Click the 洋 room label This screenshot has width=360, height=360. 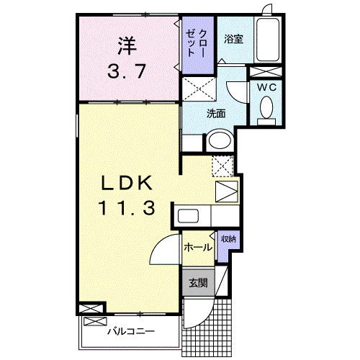point(127,45)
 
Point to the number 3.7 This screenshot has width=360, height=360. point(127,71)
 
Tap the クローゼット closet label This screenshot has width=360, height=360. point(196,44)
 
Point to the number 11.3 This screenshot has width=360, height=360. point(127,209)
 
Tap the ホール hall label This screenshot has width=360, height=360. point(198,247)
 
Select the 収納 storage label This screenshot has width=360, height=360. point(228,238)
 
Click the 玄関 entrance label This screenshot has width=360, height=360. point(198,283)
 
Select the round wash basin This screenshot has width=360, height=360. point(219,140)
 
